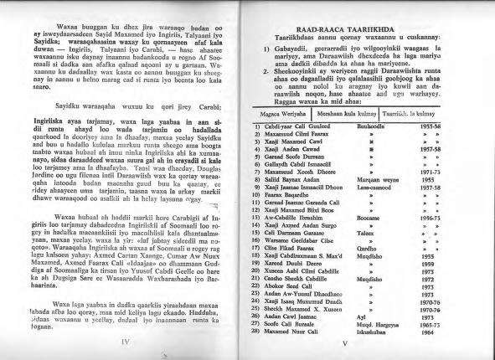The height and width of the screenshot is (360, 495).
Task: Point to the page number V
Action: tap(365, 342)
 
